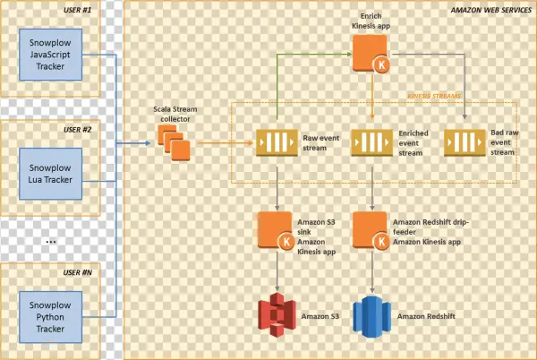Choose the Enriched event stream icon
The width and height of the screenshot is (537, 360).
[x=369, y=143]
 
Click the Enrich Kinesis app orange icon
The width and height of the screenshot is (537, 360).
[x=370, y=55]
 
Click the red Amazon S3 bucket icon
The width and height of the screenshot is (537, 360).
[x=277, y=316]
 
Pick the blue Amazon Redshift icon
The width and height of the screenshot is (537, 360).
[x=371, y=316]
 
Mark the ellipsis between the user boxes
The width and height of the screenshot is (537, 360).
[x=51, y=242]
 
